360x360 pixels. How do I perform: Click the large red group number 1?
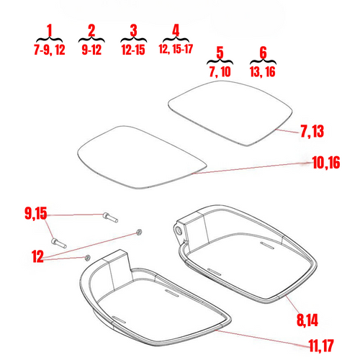click(49, 30)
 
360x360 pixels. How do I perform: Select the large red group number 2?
click(91, 30)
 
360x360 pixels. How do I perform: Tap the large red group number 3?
click(134, 30)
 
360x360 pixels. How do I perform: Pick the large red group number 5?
click(220, 52)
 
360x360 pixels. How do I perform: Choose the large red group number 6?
click(263, 52)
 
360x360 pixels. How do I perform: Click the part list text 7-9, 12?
click(49, 50)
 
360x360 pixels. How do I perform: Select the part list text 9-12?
click(91, 50)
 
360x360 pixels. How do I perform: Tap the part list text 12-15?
click(134, 50)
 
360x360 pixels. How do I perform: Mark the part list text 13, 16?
click(263, 72)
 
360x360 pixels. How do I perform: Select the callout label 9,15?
click(35, 213)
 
